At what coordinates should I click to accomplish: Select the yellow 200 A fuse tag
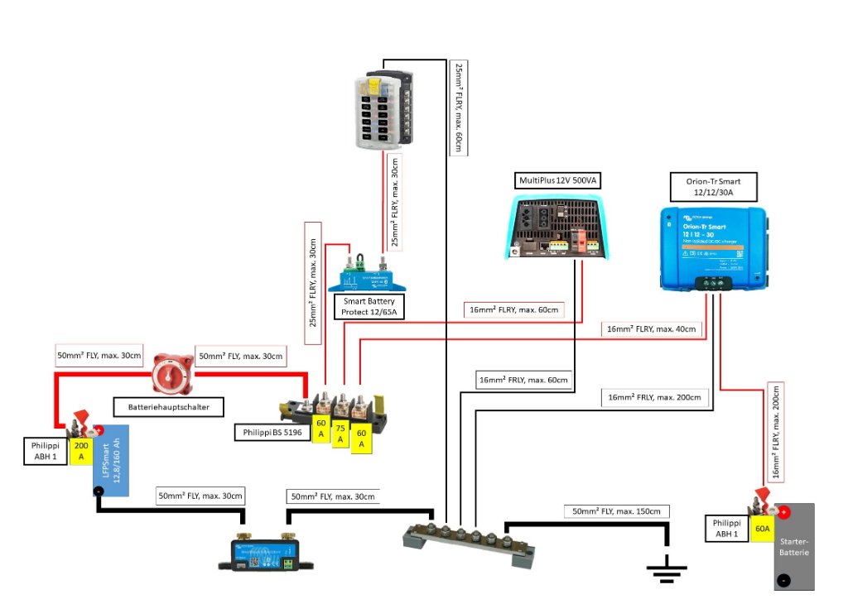(81, 451)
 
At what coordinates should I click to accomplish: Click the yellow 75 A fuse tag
(340, 434)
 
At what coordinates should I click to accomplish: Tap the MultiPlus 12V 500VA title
(552, 180)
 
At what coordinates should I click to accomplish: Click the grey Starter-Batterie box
(794, 546)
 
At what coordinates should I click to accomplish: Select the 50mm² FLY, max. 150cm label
(616, 510)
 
